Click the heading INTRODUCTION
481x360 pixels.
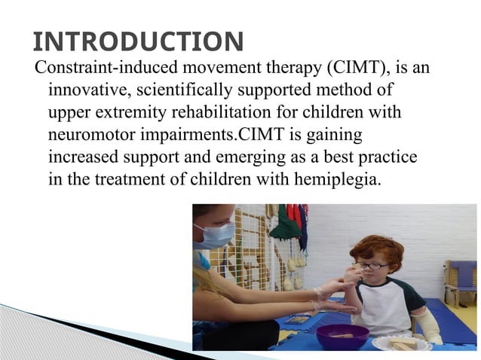pyautogui.click(x=139, y=40)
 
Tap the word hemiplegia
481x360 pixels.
pyautogui.click(x=329, y=181)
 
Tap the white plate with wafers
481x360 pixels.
pyautogui.click(x=403, y=343)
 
